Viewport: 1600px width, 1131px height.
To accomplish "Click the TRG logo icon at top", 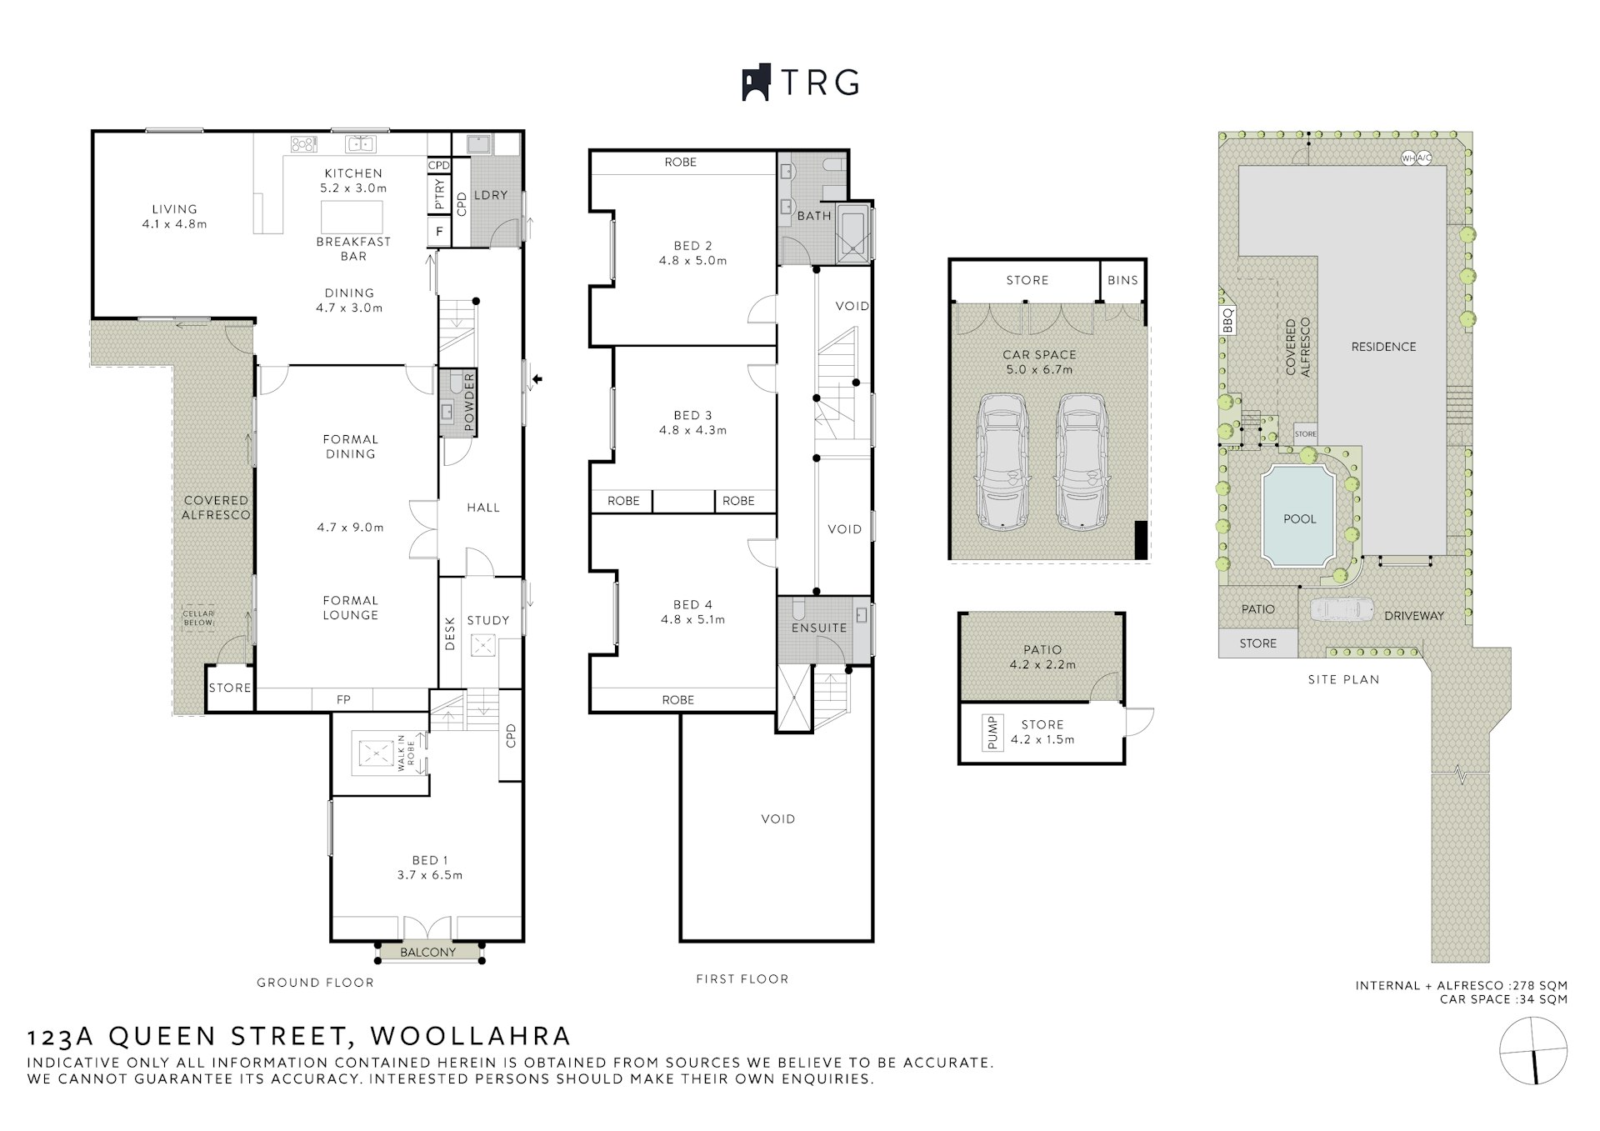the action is [x=755, y=83].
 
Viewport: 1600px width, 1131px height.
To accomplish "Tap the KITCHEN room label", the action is [x=353, y=173].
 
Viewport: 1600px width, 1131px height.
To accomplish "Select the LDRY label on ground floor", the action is [x=491, y=195].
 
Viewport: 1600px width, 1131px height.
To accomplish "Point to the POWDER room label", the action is [x=468, y=403].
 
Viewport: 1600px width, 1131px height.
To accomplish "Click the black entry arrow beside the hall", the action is [x=537, y=379].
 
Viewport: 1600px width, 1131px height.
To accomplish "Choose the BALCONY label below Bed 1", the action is [x=428, y=952].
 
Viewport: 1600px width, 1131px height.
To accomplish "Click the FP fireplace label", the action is [x=343, y=700].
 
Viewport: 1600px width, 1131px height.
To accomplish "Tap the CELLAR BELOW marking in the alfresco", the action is [x=198, y=618].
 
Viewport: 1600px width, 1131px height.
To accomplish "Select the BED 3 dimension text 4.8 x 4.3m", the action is [x=692, y=430].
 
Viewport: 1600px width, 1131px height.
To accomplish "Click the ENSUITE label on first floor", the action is [x=819, y=628].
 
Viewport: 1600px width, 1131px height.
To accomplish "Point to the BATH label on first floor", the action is [x=814, y=216].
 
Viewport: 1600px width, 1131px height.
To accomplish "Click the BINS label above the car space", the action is [x=1122, y=280].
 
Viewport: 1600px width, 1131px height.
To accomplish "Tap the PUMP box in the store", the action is [x=992, y=733].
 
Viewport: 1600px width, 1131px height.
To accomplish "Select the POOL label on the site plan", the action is [x=1300, y=518].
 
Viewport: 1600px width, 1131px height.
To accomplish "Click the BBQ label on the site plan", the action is [x=1227, y=321].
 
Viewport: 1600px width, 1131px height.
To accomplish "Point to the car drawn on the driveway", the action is [x=1342, y=609].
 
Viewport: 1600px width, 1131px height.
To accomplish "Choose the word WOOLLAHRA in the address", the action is [x=471, y=1036].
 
